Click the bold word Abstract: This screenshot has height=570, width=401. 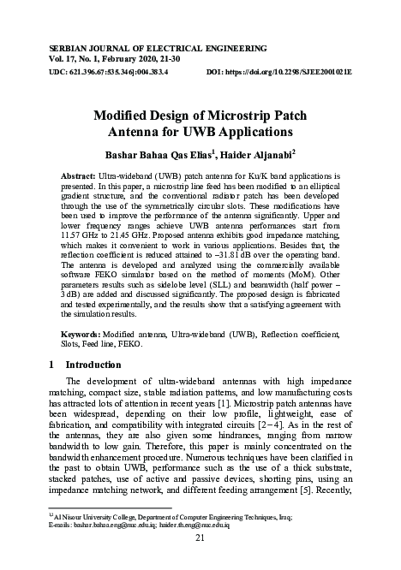(79, 175)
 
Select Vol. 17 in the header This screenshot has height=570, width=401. (66, 52)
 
